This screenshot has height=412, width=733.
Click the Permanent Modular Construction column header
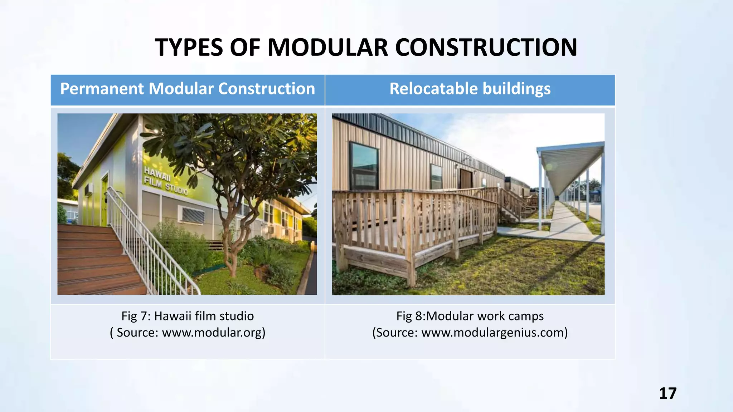(x=188, y=89)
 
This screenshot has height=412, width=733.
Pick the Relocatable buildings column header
(x=470, y=89)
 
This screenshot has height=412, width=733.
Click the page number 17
(x=668, y=393)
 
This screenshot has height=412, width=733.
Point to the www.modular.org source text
(x=213, y=333)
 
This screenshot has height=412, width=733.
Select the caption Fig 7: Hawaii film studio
(x=188, y=316)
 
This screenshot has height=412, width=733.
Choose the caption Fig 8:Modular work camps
(x=470, y=316)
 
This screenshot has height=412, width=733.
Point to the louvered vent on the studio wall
(x=193, y=215)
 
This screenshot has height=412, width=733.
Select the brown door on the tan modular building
(x=466, y=179)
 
